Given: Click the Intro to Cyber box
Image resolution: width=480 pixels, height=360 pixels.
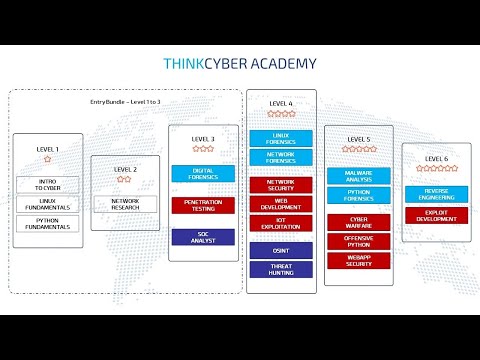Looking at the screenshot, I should (x=47, y=185).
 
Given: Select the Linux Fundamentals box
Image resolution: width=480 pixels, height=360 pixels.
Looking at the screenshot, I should (x=47, y=206).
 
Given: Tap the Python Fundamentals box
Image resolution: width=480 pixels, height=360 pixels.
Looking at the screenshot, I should (x=47, y=226).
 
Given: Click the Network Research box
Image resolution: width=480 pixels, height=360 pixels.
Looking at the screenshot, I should (x=124, y=204).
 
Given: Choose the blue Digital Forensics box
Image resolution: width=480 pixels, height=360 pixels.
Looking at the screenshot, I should (x=203, y=173).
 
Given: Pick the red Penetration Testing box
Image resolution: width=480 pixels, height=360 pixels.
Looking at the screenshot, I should (x=203, y=205).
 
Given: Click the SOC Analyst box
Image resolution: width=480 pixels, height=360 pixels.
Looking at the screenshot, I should (x=203, y=237).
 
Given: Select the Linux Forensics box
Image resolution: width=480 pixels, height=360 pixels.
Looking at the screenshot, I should (x=281, y=138).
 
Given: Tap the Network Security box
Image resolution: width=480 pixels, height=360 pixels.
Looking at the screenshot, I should (x=281, y=185).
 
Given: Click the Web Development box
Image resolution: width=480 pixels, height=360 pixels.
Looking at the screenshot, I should (x=281, y=204).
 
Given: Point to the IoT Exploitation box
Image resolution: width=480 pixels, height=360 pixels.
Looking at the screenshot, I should (x=281, y=223).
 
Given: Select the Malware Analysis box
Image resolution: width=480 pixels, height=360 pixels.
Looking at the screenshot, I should (x=359, y=175).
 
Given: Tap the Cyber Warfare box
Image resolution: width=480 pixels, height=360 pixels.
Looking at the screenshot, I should (x=359, y=221).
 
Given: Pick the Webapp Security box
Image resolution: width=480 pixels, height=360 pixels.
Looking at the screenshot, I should (x=359, y=261).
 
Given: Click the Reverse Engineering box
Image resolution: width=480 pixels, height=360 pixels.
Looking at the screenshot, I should (x=436, y=193).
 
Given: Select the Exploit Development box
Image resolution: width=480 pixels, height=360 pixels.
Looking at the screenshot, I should (x=436, y=215).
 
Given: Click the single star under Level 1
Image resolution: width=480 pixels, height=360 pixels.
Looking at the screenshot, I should (x=47, y=160).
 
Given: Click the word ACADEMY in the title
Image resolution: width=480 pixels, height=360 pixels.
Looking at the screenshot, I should (x=282, y=64).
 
